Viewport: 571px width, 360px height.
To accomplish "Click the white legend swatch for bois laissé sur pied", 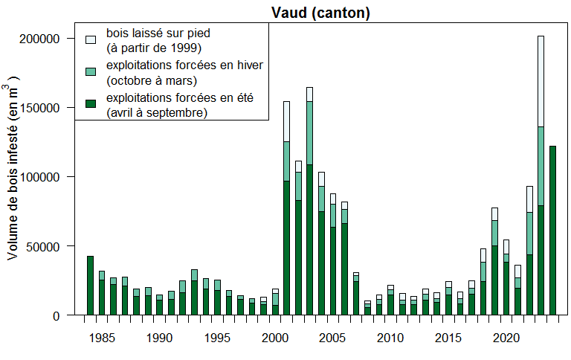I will pos(91,39).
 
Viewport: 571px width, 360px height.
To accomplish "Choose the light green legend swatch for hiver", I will pos(91,71).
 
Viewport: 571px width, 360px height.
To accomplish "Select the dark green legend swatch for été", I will pos(91,103).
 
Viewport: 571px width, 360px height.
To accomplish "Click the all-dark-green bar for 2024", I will pos(552,231).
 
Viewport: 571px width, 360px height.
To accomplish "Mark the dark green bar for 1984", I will pos(90,286).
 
